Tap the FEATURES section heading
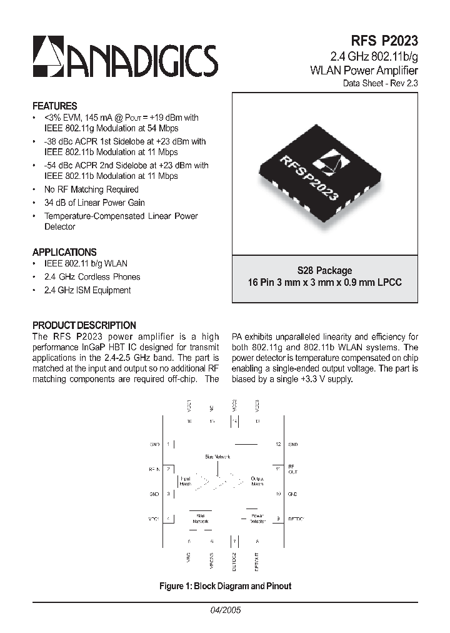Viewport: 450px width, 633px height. [55, 106]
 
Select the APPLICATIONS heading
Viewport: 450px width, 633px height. [64, 252]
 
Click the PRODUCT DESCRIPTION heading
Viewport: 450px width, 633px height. [84, 325]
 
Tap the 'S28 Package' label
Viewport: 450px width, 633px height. [325, 271]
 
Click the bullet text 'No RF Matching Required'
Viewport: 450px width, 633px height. [91, 190]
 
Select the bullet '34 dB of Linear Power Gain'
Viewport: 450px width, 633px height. [94, 203]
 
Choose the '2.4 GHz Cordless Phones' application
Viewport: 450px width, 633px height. [92, 277]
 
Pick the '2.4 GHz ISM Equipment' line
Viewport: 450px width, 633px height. [87, 290]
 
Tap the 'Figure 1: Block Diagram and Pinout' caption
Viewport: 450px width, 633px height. [225, 586]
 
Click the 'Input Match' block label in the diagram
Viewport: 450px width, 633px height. [186, 481]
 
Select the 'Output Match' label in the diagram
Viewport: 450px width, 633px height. [257, 481]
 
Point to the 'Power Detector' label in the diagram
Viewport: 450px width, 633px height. [257, 519]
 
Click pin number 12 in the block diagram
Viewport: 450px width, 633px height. [278, 444]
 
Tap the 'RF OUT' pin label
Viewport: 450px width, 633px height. [291, 469]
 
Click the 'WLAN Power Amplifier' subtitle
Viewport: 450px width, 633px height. [364, 70]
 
